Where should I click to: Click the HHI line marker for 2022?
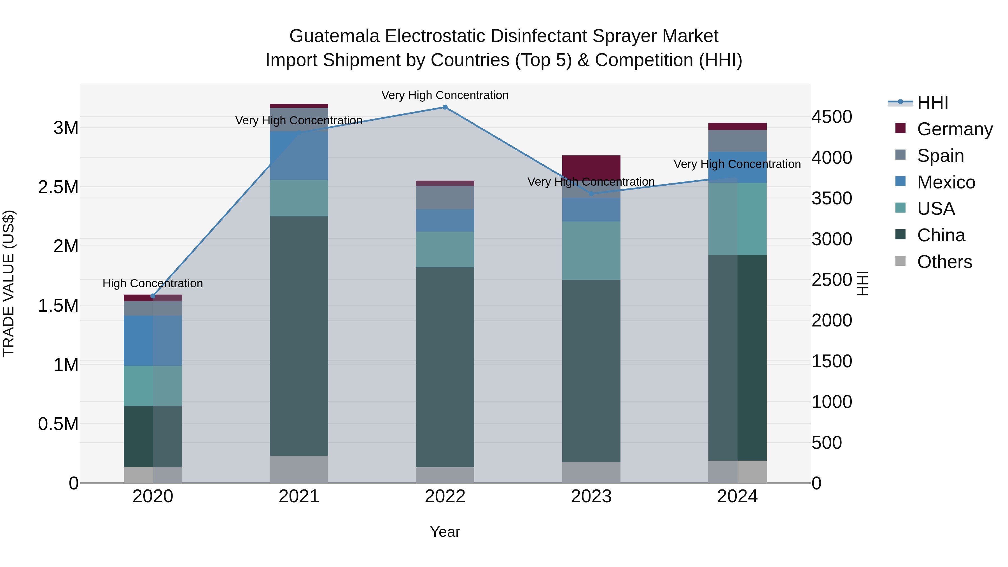(445, 107)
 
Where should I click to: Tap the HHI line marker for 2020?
(153, 296)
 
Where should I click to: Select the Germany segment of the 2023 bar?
(591, 168)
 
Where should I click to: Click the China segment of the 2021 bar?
(299, 337)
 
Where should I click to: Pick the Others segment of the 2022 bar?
(445, 475)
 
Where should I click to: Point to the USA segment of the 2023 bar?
(591, 250)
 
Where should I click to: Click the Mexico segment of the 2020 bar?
(153, 340)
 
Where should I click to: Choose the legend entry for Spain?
(940, 156)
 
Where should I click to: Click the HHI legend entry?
(932, 102)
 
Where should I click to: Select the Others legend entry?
(944, 262)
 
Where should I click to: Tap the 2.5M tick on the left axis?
(58, 187)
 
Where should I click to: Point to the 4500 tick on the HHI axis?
(832, 116)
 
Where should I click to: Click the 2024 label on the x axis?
(737, 496)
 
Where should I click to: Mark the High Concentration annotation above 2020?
(153, 283)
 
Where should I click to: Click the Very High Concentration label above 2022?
(445, 95)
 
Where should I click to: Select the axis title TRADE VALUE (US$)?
(9, 283)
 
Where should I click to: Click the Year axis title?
(445, 532)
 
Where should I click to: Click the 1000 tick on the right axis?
(832, 402)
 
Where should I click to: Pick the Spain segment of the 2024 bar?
(737, 141)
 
